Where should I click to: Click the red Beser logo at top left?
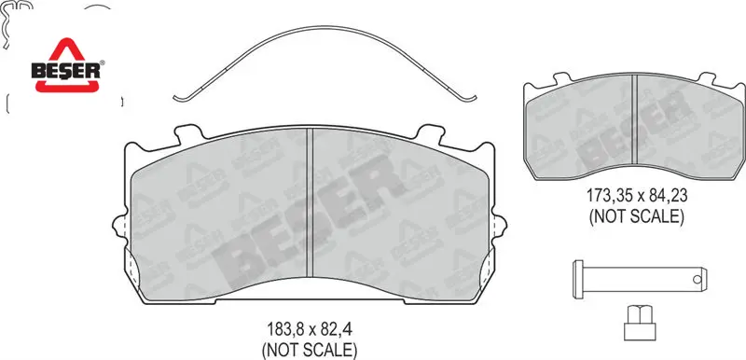65,65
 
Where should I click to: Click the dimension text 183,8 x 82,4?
310,329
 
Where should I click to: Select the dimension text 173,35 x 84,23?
637,196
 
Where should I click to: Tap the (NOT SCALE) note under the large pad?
310,350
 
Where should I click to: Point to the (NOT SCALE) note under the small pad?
637,216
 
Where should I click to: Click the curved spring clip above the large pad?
324,30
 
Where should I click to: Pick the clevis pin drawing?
641,279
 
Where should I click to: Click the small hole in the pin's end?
697,280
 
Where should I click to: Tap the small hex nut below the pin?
640,323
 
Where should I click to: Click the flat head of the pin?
578,279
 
